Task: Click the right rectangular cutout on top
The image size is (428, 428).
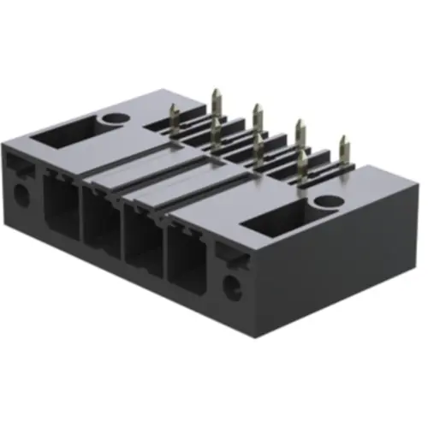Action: (x=276, y=225)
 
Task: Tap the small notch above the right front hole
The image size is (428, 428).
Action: (x=225, y=253)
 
